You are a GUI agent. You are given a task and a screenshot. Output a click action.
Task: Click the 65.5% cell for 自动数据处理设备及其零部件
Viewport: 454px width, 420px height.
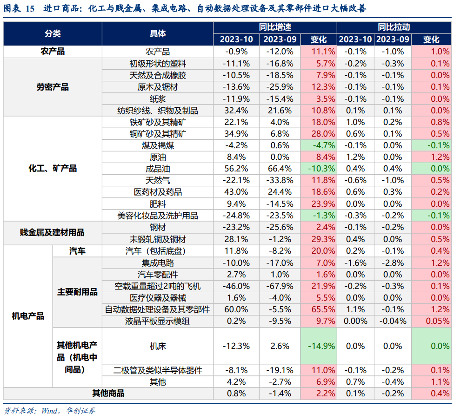click(x=319, y=309)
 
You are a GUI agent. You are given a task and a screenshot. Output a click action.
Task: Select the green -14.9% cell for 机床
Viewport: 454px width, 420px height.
click(x=319, y=346)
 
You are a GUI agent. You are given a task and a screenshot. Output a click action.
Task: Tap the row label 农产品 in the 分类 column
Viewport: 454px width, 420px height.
click(x=53, y=52)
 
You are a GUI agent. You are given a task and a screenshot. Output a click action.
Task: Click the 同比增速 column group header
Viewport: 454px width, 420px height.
click(x=275, y=27)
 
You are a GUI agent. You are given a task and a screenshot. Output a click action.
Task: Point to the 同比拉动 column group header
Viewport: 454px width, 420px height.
click(x=394, y=27)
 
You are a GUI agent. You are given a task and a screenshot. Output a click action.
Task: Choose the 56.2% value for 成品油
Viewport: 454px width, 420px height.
click(x=236, y=169)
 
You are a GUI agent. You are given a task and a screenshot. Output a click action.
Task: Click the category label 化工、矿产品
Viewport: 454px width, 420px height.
click(x=53, y=168)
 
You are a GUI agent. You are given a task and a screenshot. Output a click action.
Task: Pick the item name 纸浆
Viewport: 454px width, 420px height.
click(x=157, y=98)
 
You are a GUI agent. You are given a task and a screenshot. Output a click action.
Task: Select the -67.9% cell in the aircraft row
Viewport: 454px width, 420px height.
click(x=279, y=286)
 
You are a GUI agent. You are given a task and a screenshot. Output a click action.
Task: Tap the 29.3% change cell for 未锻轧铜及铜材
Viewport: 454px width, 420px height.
click(x=319, y=239)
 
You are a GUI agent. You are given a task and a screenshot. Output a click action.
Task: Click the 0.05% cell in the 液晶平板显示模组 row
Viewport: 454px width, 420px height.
click(x=431, y=321)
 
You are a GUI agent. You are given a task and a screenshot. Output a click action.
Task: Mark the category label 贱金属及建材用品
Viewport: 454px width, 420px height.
click(x=53, y=233)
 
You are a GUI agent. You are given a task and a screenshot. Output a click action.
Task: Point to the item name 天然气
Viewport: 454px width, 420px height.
click(x=157, y=180)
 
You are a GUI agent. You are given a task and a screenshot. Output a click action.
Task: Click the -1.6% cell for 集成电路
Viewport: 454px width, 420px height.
click(x=355, y=263)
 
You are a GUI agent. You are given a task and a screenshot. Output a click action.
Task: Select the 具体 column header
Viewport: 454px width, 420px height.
click(x=157, y=33)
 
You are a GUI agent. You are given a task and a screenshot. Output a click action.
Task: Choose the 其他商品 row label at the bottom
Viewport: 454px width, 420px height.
click(x=108, y=394)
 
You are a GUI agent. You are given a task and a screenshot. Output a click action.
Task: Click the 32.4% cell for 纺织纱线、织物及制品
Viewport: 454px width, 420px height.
click(x=236, y=111)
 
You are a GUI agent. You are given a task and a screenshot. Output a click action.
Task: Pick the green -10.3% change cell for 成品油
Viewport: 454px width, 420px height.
click(x=319, y=169)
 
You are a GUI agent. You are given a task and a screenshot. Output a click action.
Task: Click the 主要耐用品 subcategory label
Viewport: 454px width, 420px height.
click(x=77, y=292)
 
